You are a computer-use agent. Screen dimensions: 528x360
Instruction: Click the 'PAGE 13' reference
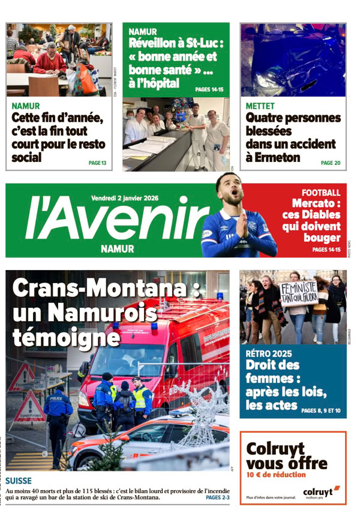coord(97,163)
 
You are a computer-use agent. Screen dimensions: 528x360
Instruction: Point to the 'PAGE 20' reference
coord(330,163)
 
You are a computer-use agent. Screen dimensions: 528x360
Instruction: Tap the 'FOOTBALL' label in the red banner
coord(321,193)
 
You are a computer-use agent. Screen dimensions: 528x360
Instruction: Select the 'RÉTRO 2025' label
coord(269,354)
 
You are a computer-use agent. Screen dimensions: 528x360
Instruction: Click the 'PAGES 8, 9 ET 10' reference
coord(321,411)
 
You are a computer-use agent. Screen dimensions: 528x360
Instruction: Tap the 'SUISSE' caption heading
coord(19,481)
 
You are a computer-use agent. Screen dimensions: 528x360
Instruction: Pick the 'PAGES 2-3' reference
coord(217,497)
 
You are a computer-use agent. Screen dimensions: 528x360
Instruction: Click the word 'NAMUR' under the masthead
coord(118,248)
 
